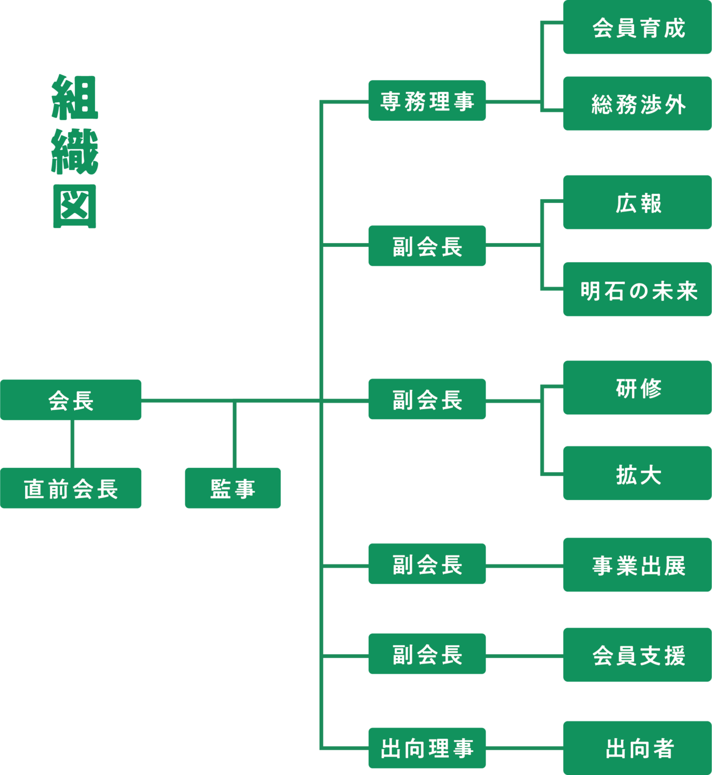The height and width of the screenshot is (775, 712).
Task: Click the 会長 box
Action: click(71, 400)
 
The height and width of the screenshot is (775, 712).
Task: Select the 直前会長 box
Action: click(71, 488)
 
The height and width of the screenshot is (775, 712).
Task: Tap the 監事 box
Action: click(233, 488)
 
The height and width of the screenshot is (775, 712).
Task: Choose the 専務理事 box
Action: click(427, 101)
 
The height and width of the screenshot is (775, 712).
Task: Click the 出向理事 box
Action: click(427, 748)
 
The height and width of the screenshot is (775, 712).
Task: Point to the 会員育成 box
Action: click(637, 28)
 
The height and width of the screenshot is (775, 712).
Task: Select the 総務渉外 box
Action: click(637, 104)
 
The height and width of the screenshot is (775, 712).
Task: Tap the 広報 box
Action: click(637, 202)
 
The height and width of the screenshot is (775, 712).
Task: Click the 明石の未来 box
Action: click(637, 290)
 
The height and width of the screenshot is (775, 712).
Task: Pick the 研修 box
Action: click(637, 387)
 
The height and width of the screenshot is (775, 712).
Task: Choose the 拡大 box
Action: click(637, 473)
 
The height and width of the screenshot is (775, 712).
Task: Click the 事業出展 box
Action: click(637, 565)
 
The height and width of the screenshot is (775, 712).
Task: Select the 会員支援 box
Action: click(637, 655)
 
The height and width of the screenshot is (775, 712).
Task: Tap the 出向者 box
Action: click(637, 748)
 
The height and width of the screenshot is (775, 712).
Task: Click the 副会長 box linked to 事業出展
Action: click(427, 564)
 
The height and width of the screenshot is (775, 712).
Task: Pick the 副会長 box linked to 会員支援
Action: click(427, 654)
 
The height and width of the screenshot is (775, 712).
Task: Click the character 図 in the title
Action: click(75, 206)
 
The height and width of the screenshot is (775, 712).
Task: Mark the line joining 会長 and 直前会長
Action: click(73, 444)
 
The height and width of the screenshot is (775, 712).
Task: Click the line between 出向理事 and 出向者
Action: click(524, 748)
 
